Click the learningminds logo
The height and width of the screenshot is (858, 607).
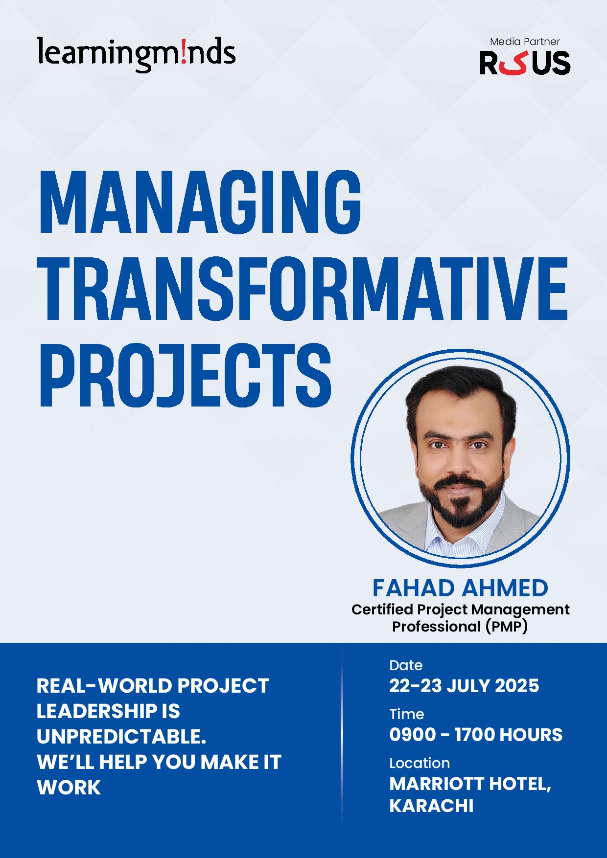click(136, 54)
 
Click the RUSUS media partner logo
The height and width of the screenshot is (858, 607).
click(525, 63)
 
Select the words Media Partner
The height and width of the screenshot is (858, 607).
click(525, 42)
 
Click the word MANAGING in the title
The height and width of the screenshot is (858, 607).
click(200, 201)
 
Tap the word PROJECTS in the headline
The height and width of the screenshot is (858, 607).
click(185, 375)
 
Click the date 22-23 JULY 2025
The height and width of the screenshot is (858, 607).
click(464, 686)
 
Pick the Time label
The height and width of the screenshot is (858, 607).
click(406, 714)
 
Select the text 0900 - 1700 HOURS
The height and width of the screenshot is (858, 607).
click(476, 735)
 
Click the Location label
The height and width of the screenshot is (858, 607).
click(420, 763)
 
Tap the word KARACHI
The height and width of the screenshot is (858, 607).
click(431, 806)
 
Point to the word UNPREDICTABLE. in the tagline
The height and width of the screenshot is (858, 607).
click(121, 737)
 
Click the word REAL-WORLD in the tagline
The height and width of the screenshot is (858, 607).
click(104, 686)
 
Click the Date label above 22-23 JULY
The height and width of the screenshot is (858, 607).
click(406, 665)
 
